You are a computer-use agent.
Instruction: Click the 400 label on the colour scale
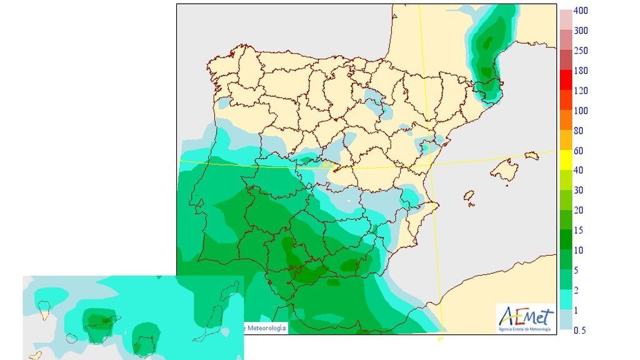point(581,11)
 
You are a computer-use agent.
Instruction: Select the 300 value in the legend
point(581,31)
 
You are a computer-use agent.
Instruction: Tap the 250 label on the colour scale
point(581,51)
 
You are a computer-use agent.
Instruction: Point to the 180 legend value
point(581,71)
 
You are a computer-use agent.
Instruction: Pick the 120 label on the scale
point(581,91)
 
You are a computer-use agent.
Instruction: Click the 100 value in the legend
point(581,111)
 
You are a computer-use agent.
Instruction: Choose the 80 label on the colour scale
point(579,131)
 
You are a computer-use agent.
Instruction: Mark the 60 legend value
point(579,151)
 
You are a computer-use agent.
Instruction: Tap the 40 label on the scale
point(579,170)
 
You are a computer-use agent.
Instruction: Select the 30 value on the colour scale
point(579,190)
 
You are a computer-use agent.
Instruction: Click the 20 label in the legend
point(579,210)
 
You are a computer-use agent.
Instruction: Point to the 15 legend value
point(579,230)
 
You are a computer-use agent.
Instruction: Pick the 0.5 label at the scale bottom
point(581,330)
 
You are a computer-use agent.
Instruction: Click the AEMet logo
point(524,317)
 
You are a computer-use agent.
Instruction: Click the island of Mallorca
point(504,169)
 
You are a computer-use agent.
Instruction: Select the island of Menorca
point(532,155)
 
